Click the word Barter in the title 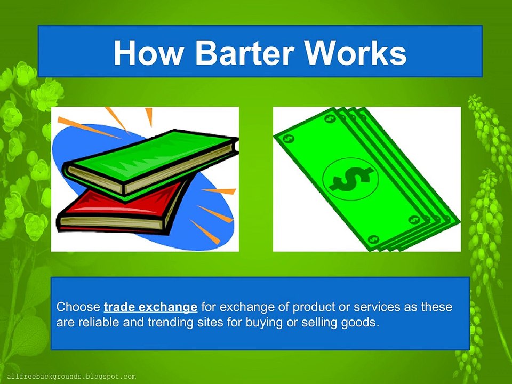[245, 52]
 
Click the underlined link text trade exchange [150, 307]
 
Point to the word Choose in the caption [78, 307]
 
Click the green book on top [151, 165]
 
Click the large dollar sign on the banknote [351, 179]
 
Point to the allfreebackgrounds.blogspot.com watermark [71, 377]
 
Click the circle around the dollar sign [323, 179]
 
